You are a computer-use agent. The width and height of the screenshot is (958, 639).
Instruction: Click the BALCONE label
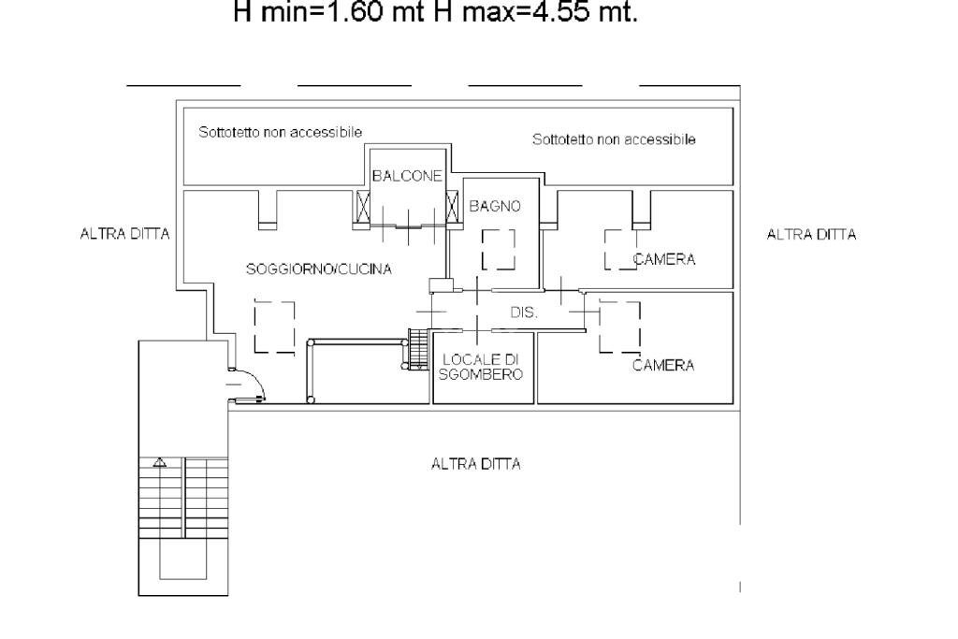(x=406, y=176)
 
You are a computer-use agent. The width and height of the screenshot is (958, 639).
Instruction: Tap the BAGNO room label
(x=494, y=206)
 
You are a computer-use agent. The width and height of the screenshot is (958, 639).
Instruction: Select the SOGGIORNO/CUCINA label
(x=318, y=269)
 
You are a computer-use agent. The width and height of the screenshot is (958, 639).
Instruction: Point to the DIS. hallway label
(x=524, y=313)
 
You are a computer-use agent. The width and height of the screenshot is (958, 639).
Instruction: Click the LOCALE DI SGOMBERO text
(x=482, y=367)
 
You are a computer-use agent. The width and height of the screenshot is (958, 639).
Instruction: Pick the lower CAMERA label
(x=663, y=366)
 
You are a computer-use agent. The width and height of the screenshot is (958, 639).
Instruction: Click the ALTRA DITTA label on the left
(x=125, y=235)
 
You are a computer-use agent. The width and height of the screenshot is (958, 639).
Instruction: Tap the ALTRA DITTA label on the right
(x=811, y=235)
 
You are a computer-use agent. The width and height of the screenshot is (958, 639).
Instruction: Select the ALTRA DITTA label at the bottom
(x=475, y=464)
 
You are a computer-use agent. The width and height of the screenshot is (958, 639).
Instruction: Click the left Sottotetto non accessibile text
(x=280, y=133)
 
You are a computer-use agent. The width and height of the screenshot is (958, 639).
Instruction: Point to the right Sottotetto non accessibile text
(x=614, y=139)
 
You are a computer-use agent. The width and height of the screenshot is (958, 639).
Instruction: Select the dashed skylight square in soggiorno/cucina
(x=274, y=327)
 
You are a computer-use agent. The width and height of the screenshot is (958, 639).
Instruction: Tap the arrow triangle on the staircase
(x=160, y=461)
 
